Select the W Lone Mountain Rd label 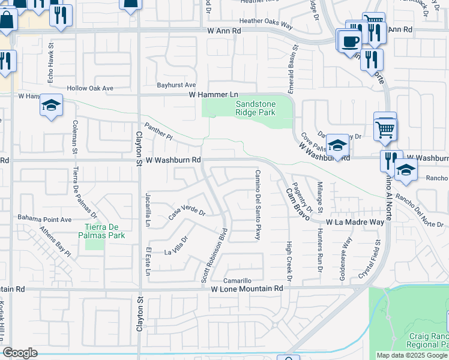(247, 289)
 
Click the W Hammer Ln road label (214, 95)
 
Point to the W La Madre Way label (355, 222)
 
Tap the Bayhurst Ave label (176, 85)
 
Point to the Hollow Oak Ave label (90, 88)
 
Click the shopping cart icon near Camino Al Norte (385, 127)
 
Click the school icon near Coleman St (52, 106)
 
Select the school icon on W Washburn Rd (337, 146)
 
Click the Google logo (20, 353)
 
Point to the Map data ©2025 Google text (412, 355)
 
